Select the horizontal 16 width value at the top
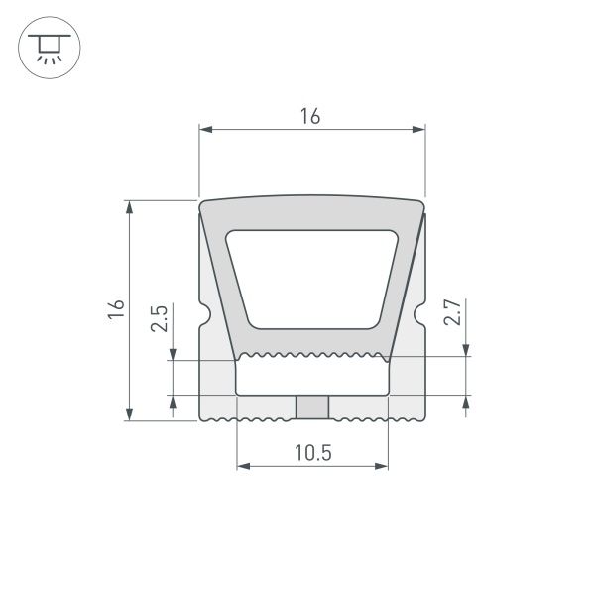tap(310, 116)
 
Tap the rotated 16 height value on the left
tap(116, 309)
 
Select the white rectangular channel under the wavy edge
tap(311, 377)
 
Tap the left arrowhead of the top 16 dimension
tap(205, 129)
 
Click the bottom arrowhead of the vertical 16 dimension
tap(129, 415)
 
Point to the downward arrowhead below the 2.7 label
tap(466, 349)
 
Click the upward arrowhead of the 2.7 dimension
tap(466, 402)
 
